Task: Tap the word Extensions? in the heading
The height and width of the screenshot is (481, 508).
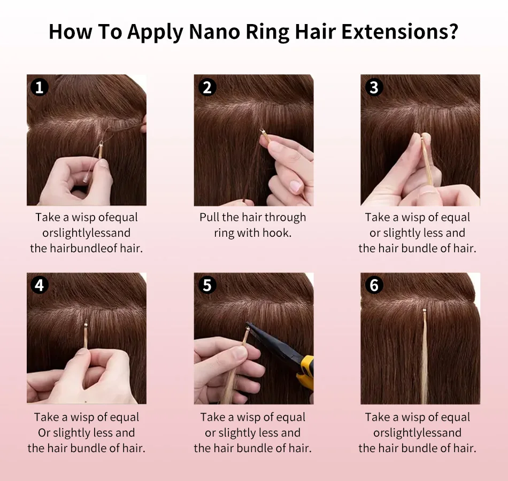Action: click(400, 32)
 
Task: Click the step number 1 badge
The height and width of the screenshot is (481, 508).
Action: click(39, 87)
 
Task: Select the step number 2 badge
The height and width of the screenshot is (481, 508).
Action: click(207, 87)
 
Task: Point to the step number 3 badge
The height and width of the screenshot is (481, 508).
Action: click(374, 87)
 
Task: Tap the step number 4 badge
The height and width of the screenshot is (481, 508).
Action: click(39, 285)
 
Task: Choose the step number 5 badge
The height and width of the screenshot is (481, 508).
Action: click(207, 285)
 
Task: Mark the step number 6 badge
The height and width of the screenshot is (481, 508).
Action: click(374, 285)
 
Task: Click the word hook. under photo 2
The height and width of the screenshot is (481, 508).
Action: click(276, 233)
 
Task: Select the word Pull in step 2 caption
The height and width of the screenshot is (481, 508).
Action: click(209, 217)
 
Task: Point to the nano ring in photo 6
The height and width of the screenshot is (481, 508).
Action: click(425, 311)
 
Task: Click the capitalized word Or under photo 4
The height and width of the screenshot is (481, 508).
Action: click(44, 433)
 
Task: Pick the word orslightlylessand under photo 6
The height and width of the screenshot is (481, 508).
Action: click(417, 433)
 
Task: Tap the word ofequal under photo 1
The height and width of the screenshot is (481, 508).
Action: click(118, 218)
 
